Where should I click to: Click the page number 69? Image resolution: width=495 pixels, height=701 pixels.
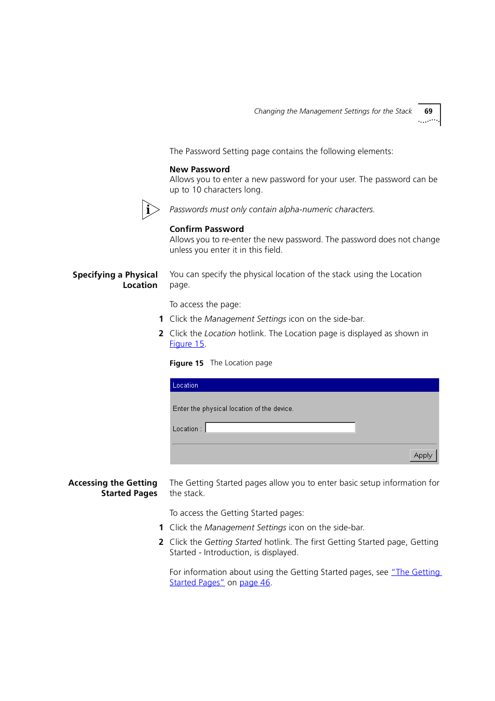(428, 112)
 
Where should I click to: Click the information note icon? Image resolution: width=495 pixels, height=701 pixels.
(150, 210)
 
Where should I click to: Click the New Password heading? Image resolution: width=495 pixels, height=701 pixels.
(199, 170)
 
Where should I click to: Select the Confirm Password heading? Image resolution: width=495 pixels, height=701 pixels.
(207, 229)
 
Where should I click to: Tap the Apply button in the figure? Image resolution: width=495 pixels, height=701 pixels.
(423, 456)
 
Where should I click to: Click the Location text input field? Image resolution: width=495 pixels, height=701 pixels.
(280, 428)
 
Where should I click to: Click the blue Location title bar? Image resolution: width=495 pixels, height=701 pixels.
(304, 386)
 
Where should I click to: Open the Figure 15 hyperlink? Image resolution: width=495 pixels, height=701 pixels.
(187, 344)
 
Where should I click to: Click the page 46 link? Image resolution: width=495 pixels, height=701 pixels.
(255, 583)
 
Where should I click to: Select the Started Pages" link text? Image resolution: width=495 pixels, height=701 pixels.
(197, 583)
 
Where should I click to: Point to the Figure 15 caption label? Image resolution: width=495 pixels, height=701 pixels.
(186, 363)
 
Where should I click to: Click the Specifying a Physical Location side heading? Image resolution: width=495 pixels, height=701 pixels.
(115, 280)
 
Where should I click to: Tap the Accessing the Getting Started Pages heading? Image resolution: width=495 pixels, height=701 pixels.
(113, 488)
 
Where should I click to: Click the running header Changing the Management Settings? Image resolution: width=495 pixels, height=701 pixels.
(333, 112)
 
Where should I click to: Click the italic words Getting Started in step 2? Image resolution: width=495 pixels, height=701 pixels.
(233, 542)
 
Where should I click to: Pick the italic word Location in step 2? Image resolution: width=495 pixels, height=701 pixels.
(220, 334)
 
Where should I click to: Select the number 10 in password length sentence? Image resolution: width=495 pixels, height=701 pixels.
(197, 190)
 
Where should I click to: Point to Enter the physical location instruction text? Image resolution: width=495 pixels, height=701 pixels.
(233, 409)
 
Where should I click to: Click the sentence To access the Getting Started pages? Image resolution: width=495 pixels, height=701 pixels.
(237, 513)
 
